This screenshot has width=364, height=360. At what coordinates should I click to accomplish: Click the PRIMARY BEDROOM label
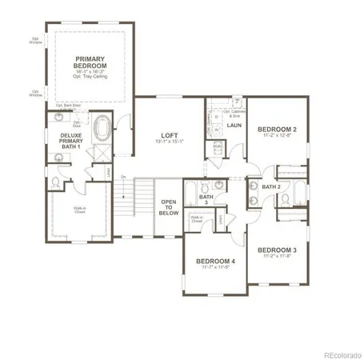pyautogui.click(x=90, y=63)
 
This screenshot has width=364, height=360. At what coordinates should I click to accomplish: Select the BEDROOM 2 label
pyautogui.click(x=277, y=129)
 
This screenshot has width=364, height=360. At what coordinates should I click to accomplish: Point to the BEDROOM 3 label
pyautogui.click(x=277, y=250)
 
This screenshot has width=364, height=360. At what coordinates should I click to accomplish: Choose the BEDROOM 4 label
pyautogui.click(x=216, y=261)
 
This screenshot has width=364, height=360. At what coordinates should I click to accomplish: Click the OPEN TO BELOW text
pyautogui.click(x=169, y=206)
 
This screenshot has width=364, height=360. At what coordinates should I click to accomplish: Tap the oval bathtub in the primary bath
pyautogui.click(x=102, y=126)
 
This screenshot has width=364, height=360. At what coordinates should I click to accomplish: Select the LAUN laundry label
pyautogui.click(x=234, y=125)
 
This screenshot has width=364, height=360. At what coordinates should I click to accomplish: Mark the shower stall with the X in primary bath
pyautogui.click(x=102, y=151)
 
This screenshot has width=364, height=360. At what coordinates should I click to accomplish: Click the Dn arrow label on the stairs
pyautogui.click(x=123, y=177)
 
